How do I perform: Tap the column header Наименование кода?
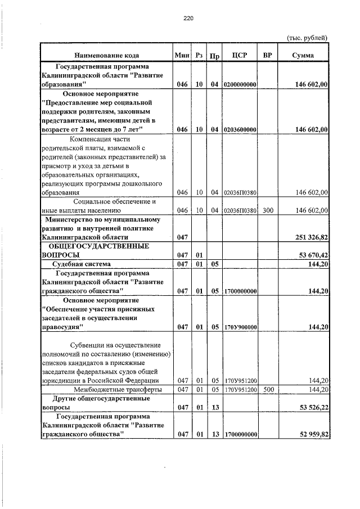[x=106, y=55]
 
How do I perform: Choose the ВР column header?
[x=267, y=55]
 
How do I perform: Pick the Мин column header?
[x=182, y=55]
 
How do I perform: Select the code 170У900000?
[x=240, y=327]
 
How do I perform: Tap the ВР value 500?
[x=267, y=389]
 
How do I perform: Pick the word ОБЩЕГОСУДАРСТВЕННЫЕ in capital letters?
[x=98, y=246]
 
